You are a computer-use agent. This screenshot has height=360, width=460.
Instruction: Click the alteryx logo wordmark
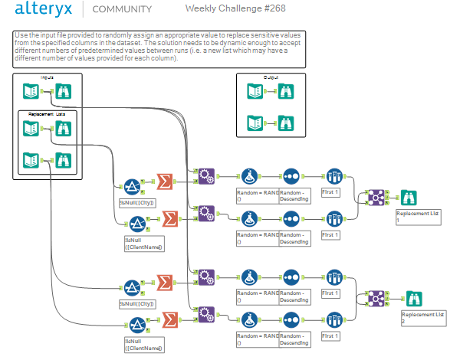48,10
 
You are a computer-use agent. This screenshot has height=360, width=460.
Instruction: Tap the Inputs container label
48,78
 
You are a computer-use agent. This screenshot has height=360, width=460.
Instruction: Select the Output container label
271,78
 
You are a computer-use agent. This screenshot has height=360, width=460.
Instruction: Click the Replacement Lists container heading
48,113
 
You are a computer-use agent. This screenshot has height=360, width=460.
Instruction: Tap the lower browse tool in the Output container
284,123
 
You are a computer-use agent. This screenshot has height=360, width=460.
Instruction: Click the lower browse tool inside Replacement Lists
63,160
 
